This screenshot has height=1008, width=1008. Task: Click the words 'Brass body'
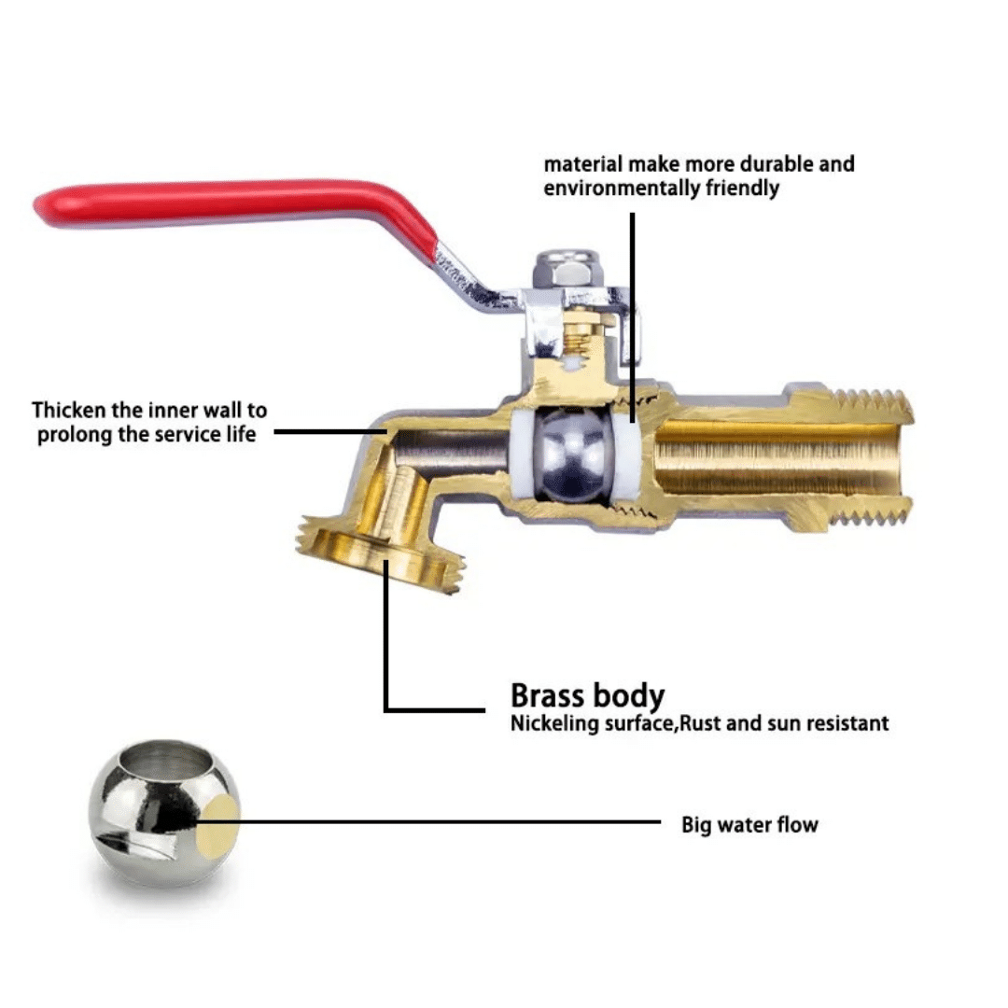point(588,695)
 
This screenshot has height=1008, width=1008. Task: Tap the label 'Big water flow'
point(749,824)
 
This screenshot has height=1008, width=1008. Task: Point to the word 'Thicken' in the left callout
point(69,410)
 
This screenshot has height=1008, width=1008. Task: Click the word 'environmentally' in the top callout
point(622,189)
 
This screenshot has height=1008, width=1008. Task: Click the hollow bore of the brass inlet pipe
point(776,457)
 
